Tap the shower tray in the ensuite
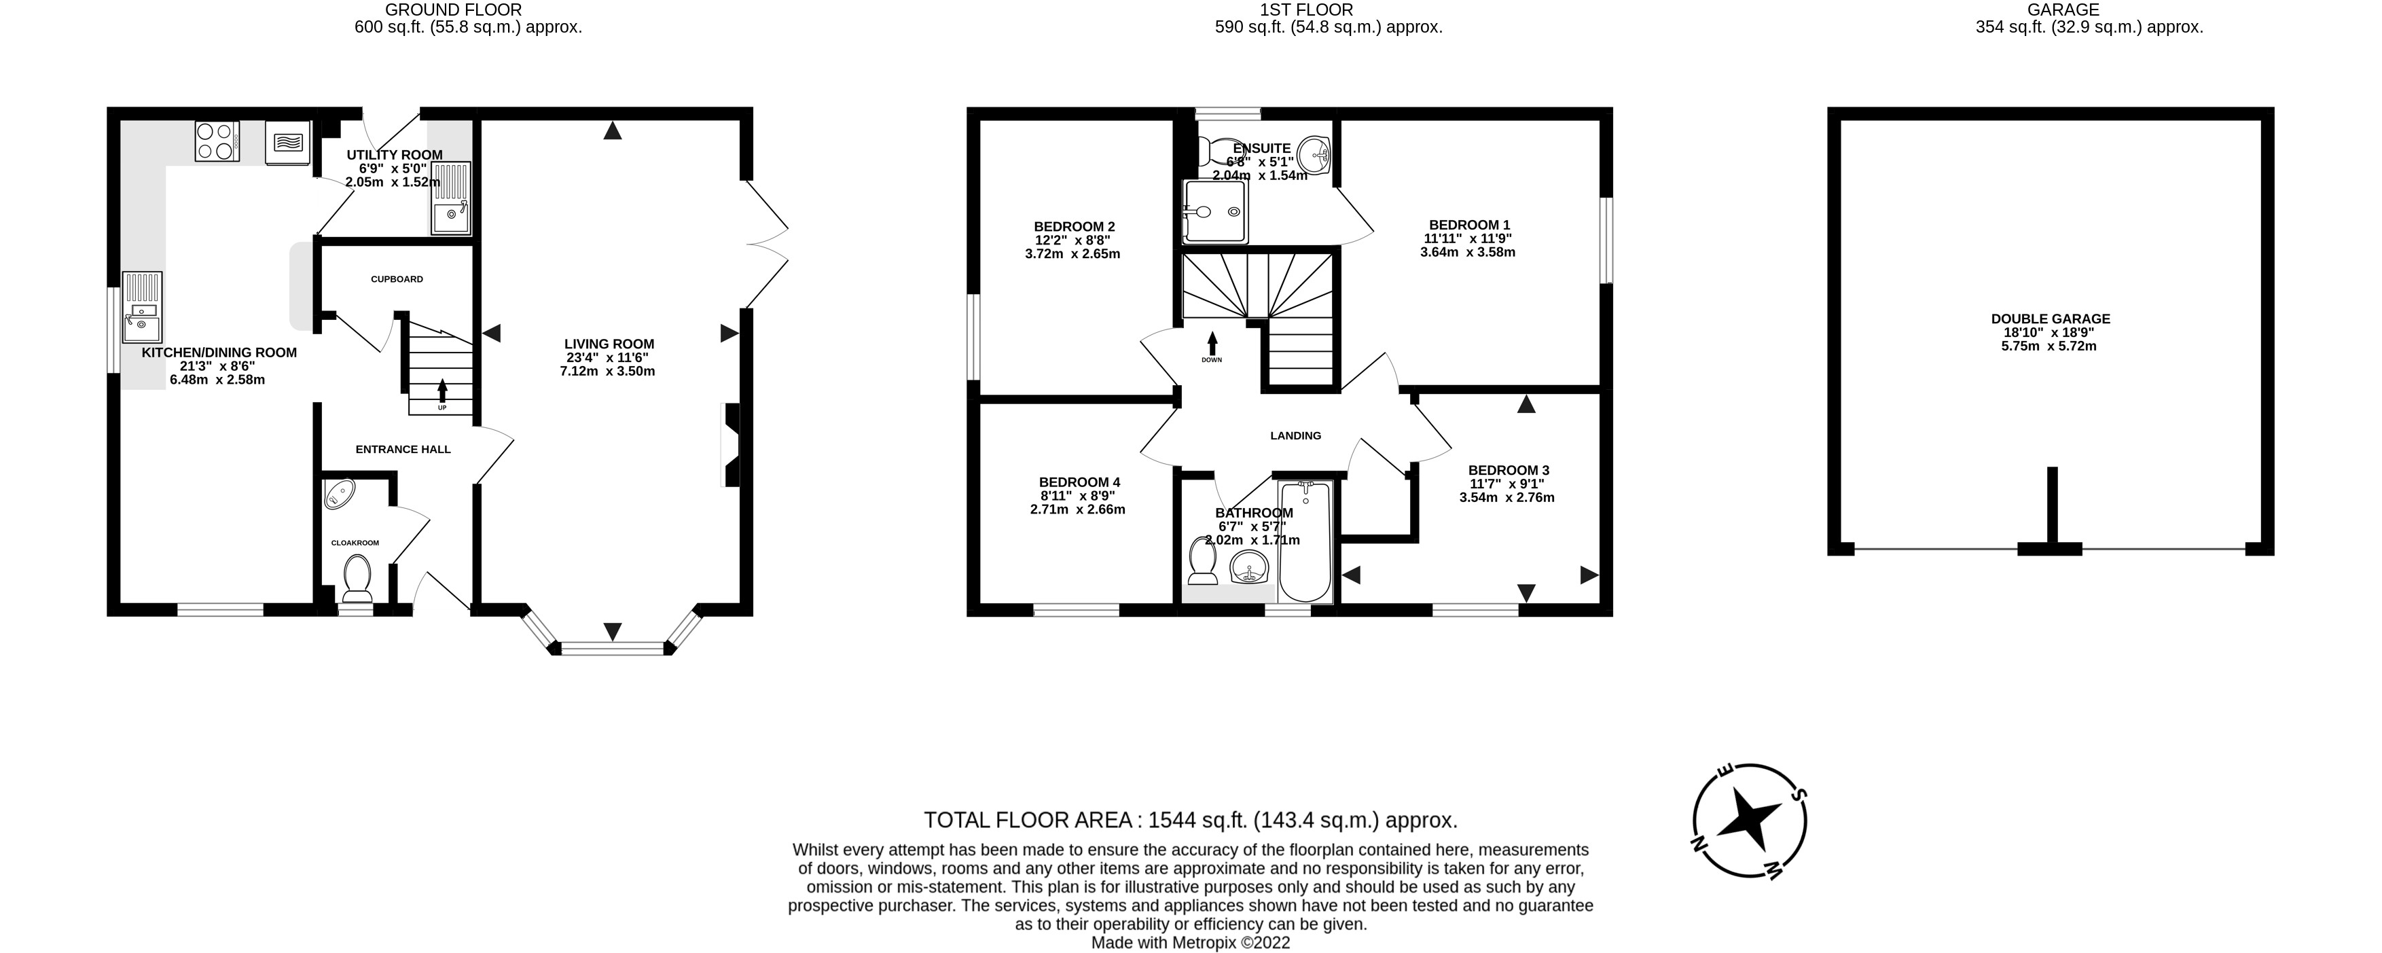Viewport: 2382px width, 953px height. pos(1215,212)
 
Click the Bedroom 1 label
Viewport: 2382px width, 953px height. pos(1468,225)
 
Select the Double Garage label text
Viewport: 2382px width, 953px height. pos(2050,319)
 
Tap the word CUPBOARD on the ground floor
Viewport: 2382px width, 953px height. pos(397,279)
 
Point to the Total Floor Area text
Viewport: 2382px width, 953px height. pos(1190,820)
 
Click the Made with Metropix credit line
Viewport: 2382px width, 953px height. pos(1190,943)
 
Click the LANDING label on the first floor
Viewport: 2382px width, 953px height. pos(1295,435)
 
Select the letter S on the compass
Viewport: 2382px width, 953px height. pos(1799,794)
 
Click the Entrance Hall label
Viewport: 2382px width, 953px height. pos(403,449)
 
